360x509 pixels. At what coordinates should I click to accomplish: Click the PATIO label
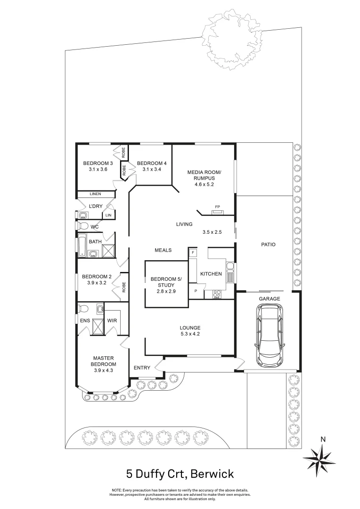268,245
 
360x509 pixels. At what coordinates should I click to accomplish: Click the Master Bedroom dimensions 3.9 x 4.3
104,370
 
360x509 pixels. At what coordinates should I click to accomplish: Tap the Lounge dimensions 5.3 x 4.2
190,335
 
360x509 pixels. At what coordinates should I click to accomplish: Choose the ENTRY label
142,368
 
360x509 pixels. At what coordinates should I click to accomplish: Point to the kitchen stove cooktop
218,295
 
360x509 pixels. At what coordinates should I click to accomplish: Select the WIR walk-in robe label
112,321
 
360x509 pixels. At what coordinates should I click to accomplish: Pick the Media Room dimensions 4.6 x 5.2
204,184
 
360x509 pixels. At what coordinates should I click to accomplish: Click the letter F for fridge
192,253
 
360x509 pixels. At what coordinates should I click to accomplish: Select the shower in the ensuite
98,327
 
